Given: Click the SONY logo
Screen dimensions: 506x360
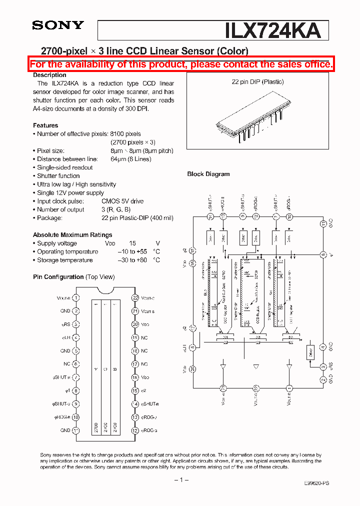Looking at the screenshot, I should tap(58, 25).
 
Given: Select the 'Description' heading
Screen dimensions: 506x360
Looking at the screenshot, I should tap(49, 75).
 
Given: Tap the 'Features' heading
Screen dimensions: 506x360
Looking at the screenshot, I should tap(45, 125).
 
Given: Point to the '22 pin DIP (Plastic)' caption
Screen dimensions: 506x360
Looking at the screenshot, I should tap(257, 82).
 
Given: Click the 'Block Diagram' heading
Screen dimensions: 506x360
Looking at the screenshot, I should tap(208, 174).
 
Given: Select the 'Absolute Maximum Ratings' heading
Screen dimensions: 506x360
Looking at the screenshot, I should tap(72, 235).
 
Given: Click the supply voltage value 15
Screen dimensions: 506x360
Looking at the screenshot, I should tap(132, 243).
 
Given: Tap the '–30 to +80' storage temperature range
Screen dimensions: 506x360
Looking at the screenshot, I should tap(132, 260).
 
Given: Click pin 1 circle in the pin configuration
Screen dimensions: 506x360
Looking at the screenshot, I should tap(76, 297).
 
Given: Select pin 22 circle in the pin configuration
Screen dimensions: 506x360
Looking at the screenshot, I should tap(135, 297).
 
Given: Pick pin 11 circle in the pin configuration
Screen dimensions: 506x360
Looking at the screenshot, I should tap(76, 430).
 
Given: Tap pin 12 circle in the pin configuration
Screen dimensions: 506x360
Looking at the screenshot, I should tap(135, 430).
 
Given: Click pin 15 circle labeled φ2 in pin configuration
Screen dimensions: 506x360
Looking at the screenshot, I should tap(135, 391).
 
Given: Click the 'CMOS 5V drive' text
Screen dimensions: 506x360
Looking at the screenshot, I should tap(122, 201).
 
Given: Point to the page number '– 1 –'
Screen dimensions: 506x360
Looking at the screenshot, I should tap(180, 480).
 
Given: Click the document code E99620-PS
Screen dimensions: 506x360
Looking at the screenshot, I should tap(316, 483).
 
